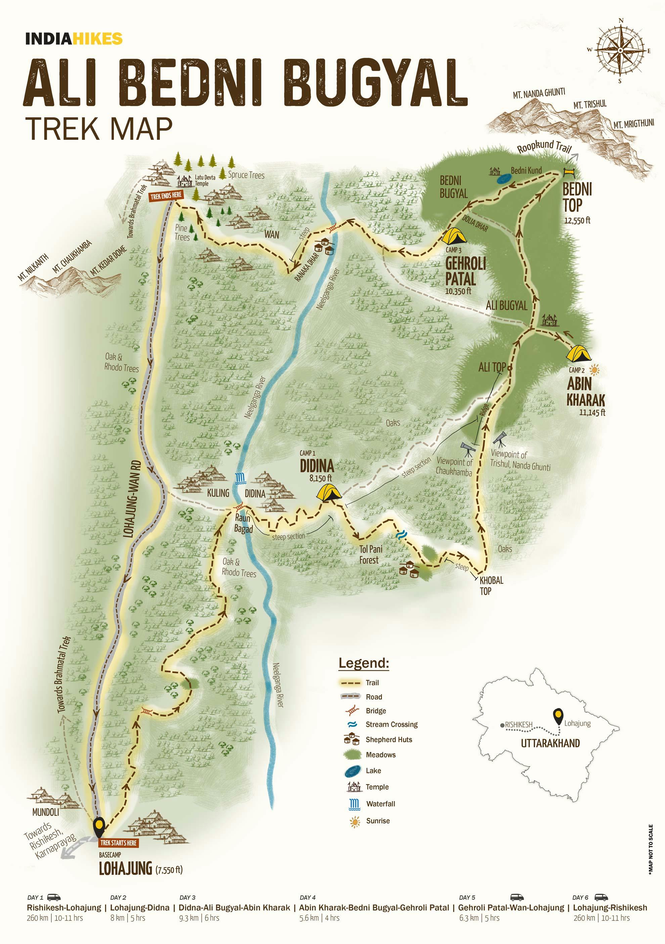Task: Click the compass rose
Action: click(x=620, y=50)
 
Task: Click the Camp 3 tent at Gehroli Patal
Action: click(x=454, y=236)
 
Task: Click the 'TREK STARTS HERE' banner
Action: click(x=118, y=842)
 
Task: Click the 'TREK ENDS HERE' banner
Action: click(x=166, y=196)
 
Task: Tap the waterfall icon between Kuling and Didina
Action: click(x=240, y=478)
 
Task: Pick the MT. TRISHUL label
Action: click(x=590, y=105)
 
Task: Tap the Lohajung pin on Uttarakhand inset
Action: click(x=558, y=716)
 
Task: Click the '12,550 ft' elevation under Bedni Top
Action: click(x=577, y=221)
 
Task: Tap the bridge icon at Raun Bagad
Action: click(x=239, y=507)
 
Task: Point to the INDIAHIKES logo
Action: click(x=74, y=39)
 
